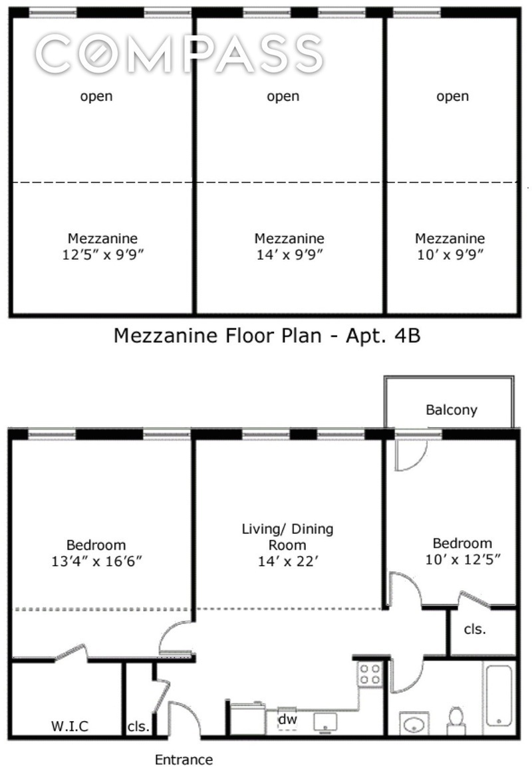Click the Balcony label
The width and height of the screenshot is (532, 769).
(452, 410)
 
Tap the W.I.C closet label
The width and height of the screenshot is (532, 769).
(70, 726)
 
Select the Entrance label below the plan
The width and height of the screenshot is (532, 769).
(184, 759)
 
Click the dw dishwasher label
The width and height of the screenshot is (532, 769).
(287, 718)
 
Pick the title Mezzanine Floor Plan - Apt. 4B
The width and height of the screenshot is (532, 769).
(267, 336)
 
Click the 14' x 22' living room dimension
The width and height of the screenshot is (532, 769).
(287, 562)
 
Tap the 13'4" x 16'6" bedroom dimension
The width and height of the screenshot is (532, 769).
(96, 562)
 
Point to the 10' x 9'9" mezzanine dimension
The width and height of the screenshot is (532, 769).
(450, 254)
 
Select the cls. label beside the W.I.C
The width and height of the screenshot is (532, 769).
(138, 726)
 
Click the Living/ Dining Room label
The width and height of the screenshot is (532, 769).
(287, 537)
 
